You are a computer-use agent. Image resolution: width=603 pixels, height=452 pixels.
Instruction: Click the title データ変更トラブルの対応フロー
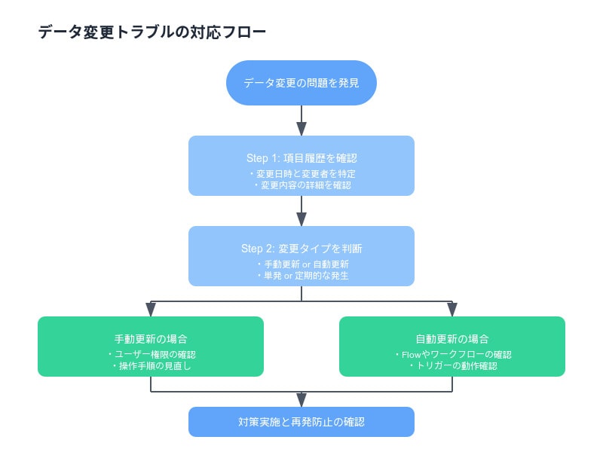point(152,32)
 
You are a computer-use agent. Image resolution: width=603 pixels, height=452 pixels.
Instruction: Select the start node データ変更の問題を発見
point(301,83)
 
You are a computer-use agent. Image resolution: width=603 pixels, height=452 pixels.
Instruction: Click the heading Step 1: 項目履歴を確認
point(301,158)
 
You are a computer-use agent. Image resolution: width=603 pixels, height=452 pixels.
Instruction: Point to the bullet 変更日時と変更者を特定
point(303,174)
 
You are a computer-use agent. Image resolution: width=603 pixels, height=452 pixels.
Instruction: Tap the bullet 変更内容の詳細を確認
point(303,185)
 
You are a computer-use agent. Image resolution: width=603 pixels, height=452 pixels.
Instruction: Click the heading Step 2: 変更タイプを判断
point(301,249)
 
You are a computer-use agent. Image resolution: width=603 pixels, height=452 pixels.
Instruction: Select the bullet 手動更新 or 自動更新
point(303,264)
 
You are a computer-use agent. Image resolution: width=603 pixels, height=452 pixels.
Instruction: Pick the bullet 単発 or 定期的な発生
point(303,276)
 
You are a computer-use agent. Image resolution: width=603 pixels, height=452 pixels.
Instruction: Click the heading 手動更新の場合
point(151,339)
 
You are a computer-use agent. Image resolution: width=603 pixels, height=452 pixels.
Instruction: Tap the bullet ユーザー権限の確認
point(152,354)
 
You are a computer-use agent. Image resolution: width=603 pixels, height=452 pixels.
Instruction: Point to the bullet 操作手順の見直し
point(152,366)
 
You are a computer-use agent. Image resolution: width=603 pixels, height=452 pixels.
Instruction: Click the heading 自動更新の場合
point(452,339)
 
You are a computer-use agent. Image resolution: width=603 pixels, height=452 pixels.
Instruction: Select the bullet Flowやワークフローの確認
point(454,354)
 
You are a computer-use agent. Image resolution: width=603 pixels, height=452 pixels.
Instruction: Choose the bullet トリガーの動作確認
point(454,366)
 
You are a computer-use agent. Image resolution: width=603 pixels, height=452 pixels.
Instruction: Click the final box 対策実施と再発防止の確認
point(301,422)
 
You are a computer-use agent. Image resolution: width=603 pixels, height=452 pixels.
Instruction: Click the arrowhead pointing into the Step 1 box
point(301,129)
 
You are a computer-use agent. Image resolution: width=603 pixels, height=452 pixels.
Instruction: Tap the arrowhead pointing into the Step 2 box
point(301,219)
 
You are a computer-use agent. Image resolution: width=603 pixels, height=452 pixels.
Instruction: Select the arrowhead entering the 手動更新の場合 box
point(151,310)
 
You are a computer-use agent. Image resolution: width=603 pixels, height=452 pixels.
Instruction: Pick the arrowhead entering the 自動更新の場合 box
point(452,310)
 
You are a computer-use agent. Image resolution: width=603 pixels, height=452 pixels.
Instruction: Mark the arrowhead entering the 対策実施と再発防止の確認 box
point(301,400)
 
